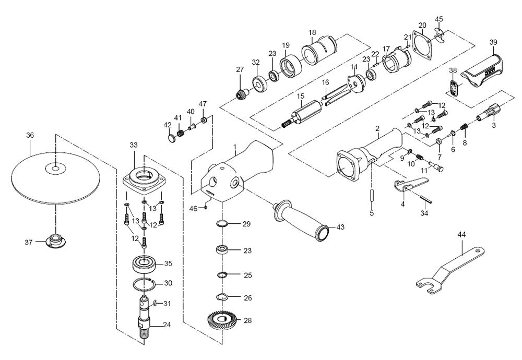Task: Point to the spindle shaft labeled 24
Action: (x=145, y=318)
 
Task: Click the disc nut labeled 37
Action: (x=54, y=241)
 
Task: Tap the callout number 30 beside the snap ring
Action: (x=168, y=283)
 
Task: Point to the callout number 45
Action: (x=438, y=19)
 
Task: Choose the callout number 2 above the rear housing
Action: (x=376, y=128)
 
